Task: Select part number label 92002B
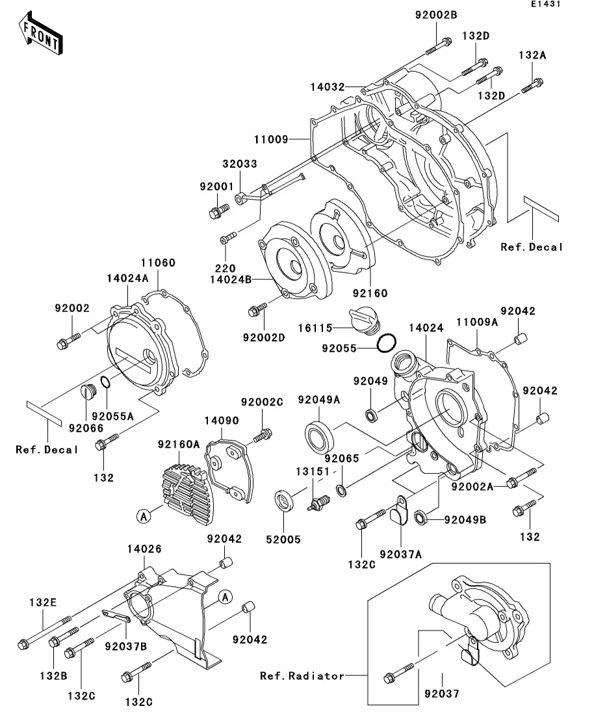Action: point(432,15)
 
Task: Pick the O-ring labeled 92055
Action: point(387,341)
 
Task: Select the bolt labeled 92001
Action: point(219,211)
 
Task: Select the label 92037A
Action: point(401,554)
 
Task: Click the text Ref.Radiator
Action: point(302,676)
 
